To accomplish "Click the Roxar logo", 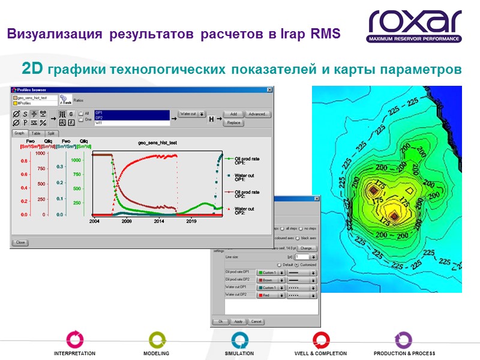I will pos(415,26).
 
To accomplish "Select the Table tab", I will pos(36,133).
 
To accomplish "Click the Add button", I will pos(233,114).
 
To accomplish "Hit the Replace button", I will pos(233,122).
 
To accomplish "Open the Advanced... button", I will pos(258,114).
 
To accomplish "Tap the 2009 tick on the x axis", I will pos(127,221).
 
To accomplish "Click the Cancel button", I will pos(256,322).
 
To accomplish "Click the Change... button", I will pos(307,248).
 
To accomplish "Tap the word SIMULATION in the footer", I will pos(239,353).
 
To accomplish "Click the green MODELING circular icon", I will pos(156,339).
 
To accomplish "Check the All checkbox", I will pos(82,113).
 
